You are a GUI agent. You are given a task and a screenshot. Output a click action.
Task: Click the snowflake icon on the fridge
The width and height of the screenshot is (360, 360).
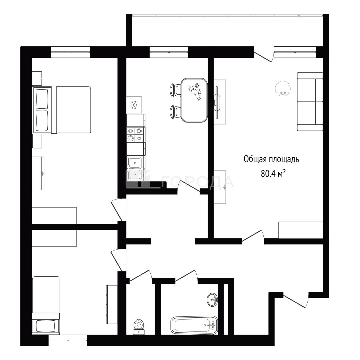click(x=134, y=105)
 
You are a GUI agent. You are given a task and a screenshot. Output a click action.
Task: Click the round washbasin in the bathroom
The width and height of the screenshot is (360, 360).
click(x=212, y=299)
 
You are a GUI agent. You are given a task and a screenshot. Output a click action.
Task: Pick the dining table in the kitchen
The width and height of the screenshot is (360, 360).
click(x=194, y=100)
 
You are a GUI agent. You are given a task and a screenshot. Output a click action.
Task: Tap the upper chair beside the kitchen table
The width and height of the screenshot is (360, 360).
click(x=175, y=90)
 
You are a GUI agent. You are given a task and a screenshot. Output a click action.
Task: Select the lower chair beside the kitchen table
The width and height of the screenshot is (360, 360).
click(x=175, y=112)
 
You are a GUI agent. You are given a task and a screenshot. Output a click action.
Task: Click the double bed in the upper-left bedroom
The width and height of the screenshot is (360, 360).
click(x=62, y=110)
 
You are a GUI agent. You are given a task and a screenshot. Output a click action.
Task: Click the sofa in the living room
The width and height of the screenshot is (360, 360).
click(x=310, y=102)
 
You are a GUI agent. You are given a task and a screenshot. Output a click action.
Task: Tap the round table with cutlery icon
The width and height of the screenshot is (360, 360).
click(x=283, y=88)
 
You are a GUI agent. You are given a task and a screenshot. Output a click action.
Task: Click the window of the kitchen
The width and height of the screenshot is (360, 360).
click(x=169, y=52)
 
